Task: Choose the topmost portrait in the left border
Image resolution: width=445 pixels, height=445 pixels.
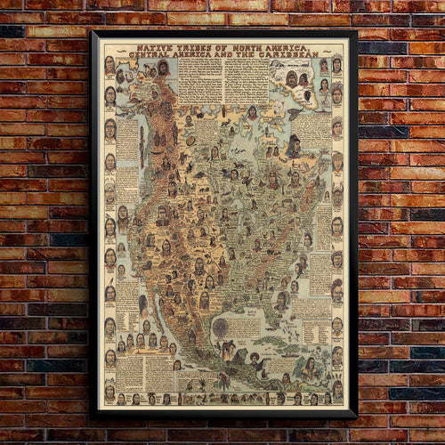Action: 109,65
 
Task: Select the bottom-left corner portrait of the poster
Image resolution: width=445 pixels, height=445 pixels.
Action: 109,392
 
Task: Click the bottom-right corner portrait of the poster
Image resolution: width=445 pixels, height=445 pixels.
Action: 337,392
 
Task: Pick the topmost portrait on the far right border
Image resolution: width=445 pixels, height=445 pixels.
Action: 337,65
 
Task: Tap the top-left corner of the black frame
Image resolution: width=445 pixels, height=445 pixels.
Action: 92,31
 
